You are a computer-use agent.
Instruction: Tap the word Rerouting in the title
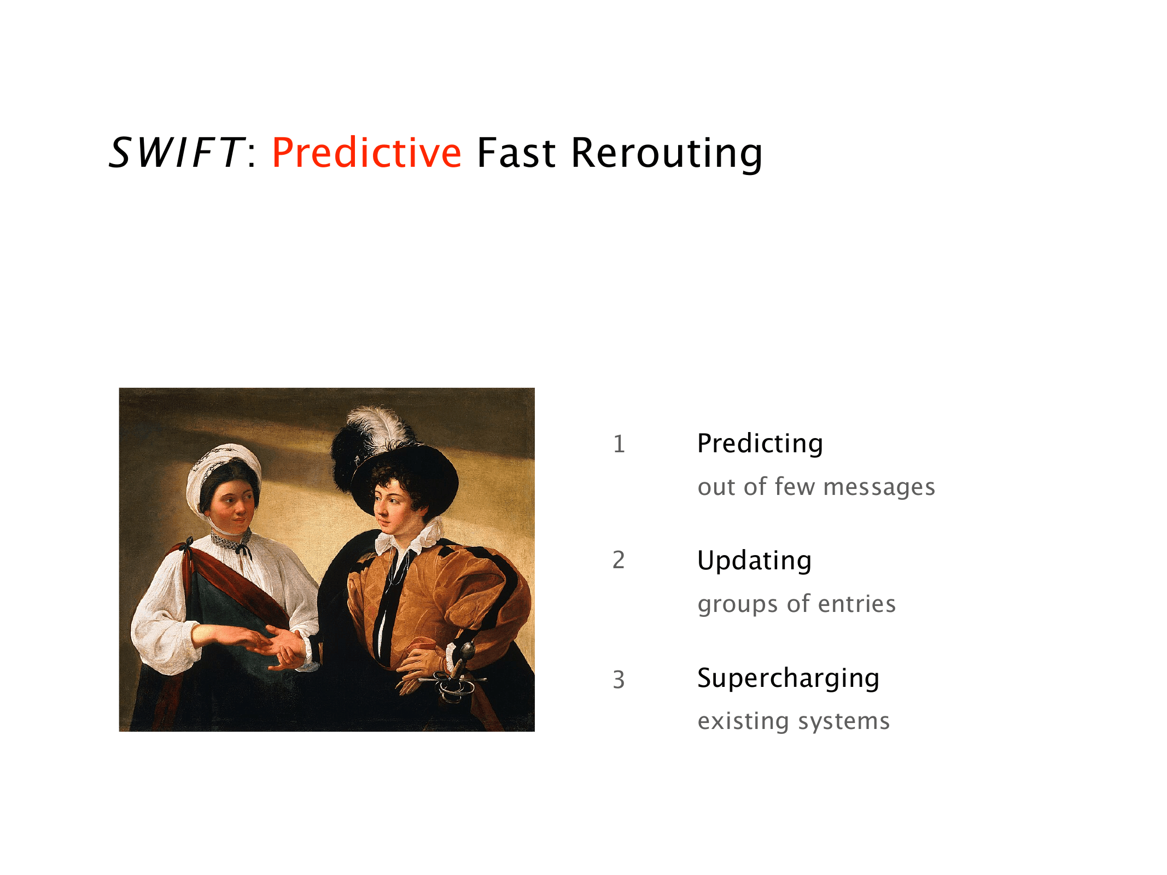coord(667,154)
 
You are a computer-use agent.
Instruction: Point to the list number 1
coord(618,444)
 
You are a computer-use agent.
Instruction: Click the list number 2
coord(618,561)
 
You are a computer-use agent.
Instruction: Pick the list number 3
coord(618,680)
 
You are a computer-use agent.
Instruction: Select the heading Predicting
coord(760,444)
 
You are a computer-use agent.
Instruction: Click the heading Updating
coord(754,561)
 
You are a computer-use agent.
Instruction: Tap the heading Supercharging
coord(788,679)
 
